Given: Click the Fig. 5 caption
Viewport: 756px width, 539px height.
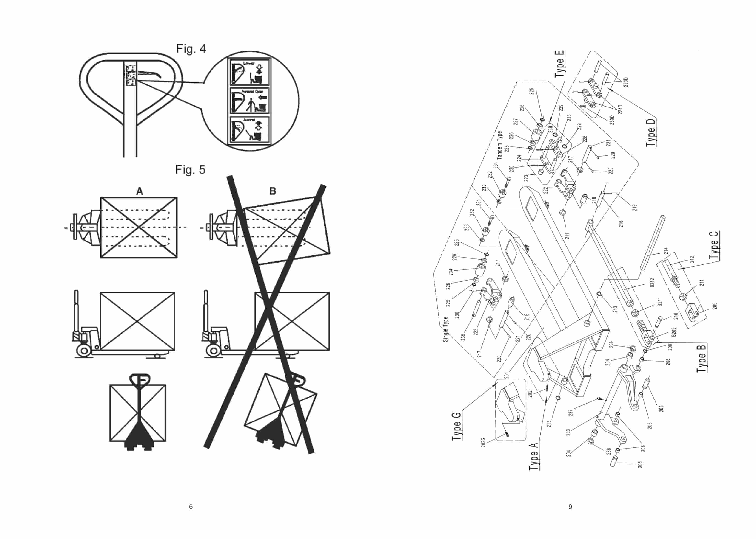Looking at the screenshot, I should (190, 170).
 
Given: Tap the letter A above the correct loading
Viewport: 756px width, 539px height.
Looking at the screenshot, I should (139, 191).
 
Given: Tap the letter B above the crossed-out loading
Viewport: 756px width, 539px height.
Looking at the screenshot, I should (272, 191).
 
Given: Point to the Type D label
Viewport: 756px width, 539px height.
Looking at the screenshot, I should (651, 133).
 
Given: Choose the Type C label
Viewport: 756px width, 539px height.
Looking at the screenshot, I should (714, 245).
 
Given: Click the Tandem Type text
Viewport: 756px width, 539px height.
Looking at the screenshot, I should (499, 145).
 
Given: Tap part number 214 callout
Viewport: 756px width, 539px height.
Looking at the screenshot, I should (665, 251).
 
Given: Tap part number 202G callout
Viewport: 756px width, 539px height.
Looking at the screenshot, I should (484, 442).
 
